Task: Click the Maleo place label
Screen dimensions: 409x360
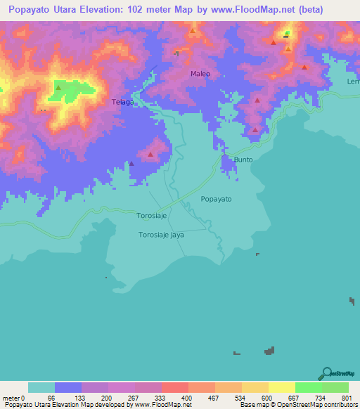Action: coord(200,73)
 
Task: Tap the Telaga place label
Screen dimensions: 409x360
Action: coord(122,103)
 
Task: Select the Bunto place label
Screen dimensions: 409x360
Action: coord(243,160)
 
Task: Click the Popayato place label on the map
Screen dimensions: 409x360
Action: coord(216,200)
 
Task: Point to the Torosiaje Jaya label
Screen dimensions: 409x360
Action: coord(161,235)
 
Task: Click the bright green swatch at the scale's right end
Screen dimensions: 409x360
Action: coord(335,387)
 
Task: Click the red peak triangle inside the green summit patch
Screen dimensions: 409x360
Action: coord(58,88)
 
